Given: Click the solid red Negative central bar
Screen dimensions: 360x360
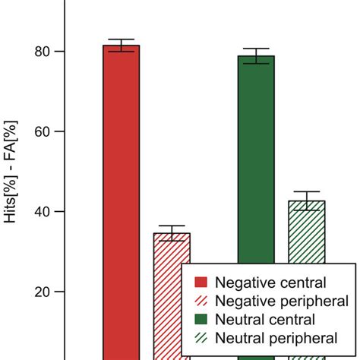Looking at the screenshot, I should pos(121,197).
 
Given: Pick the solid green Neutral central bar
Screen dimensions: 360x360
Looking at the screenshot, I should pos(256,152).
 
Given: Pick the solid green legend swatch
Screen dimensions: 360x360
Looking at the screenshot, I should pos(203,319).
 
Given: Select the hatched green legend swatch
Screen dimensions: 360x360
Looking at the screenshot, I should pos(203,338).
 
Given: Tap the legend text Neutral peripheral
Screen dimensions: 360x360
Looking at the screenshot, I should pos(276,338).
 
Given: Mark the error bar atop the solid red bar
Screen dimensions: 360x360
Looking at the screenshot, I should pos(121,45).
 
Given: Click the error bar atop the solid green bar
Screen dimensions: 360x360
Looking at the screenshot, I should pos(256,55).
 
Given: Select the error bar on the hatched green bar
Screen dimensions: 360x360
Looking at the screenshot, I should pos(307,201).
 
